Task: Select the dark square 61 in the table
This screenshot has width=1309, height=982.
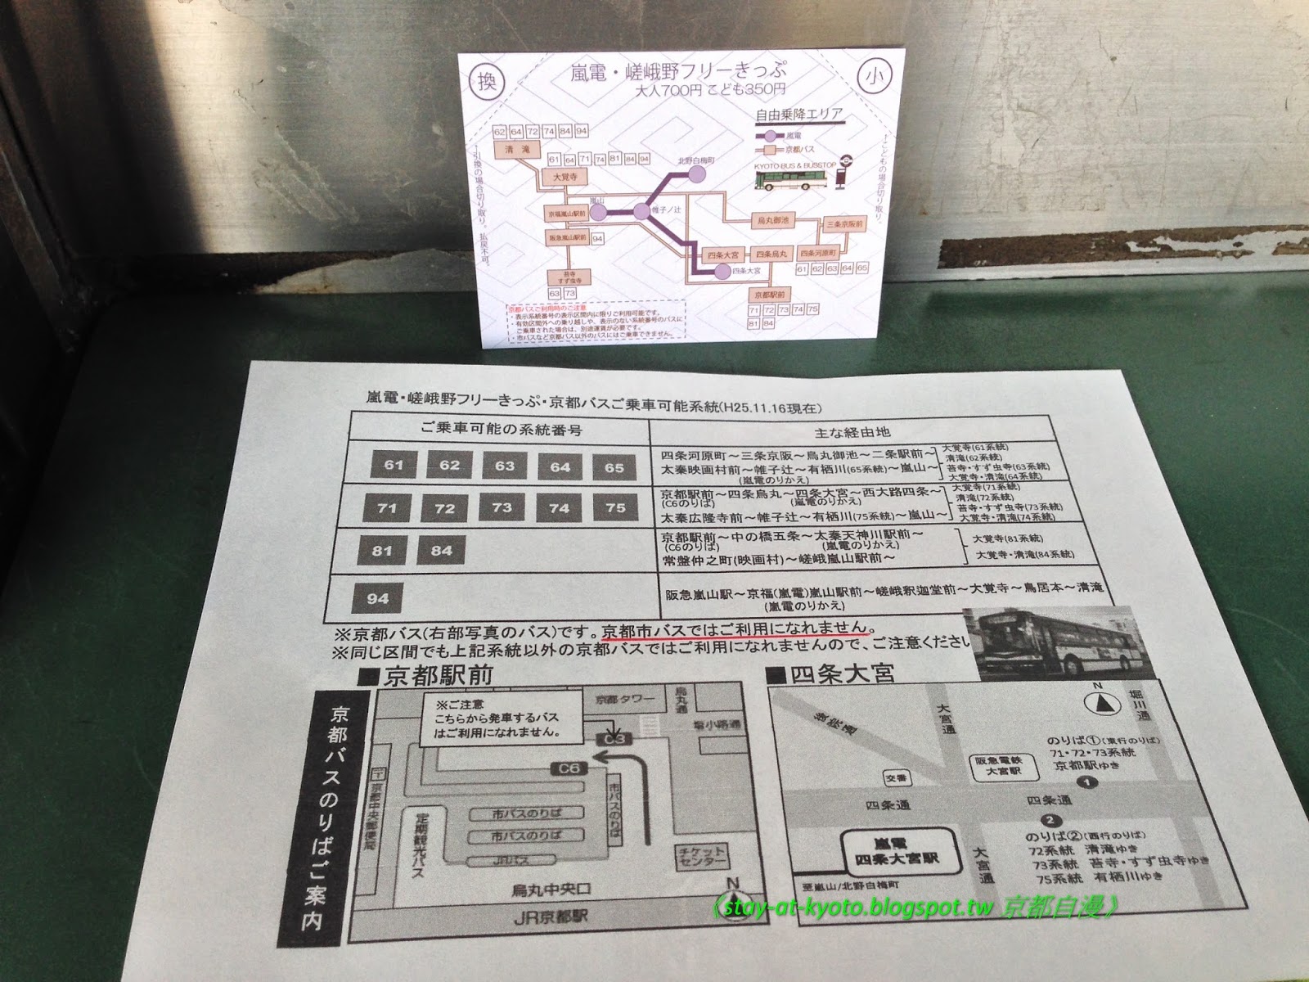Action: point(394,466)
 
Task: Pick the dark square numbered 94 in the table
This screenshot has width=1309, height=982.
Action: point(377,598)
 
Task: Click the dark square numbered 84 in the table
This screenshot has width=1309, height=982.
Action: point(441,551)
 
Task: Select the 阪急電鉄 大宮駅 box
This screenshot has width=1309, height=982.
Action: point(996,767)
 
